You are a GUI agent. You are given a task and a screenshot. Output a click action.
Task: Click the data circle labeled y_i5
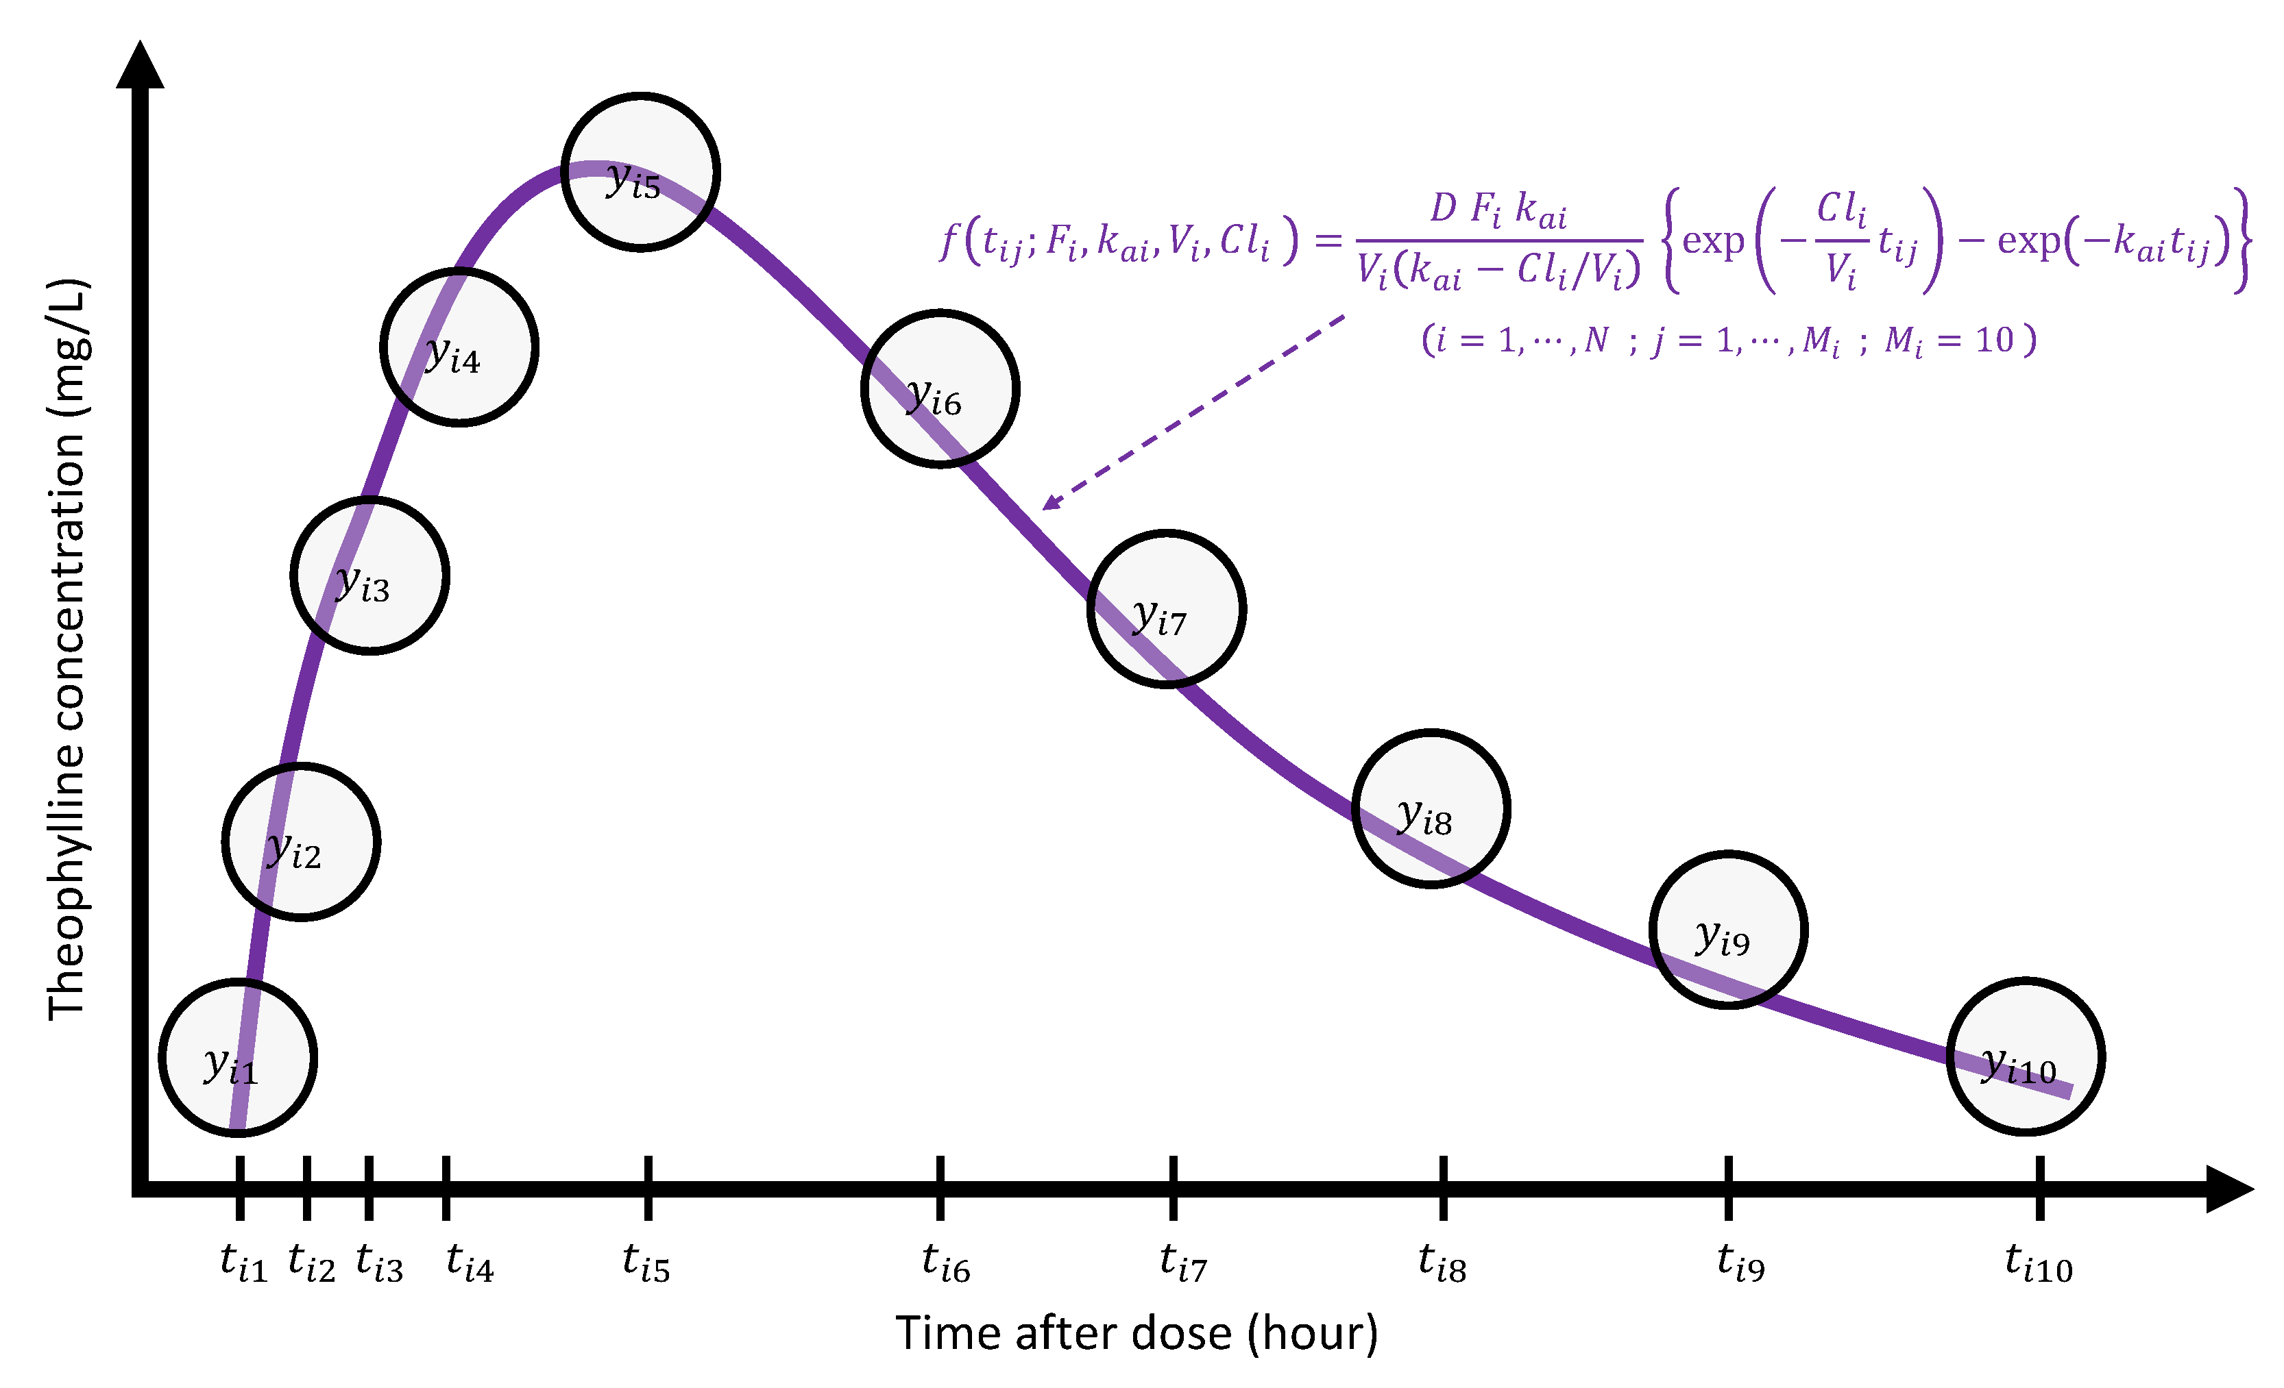point(640,173)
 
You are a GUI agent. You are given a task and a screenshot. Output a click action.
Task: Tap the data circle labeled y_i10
point(2024,1056)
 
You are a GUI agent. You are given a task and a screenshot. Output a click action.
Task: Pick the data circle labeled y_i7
point(1166,610)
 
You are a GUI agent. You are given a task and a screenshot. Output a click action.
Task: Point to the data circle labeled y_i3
point(370,575)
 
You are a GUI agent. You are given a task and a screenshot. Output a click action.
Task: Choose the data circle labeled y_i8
point(1431,809)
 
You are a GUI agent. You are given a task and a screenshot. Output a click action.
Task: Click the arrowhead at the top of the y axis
point(140,65)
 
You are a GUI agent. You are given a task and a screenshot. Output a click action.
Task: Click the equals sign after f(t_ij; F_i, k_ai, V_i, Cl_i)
point(1328,241)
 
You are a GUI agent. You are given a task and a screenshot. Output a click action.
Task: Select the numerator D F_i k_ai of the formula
point(1499,210)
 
